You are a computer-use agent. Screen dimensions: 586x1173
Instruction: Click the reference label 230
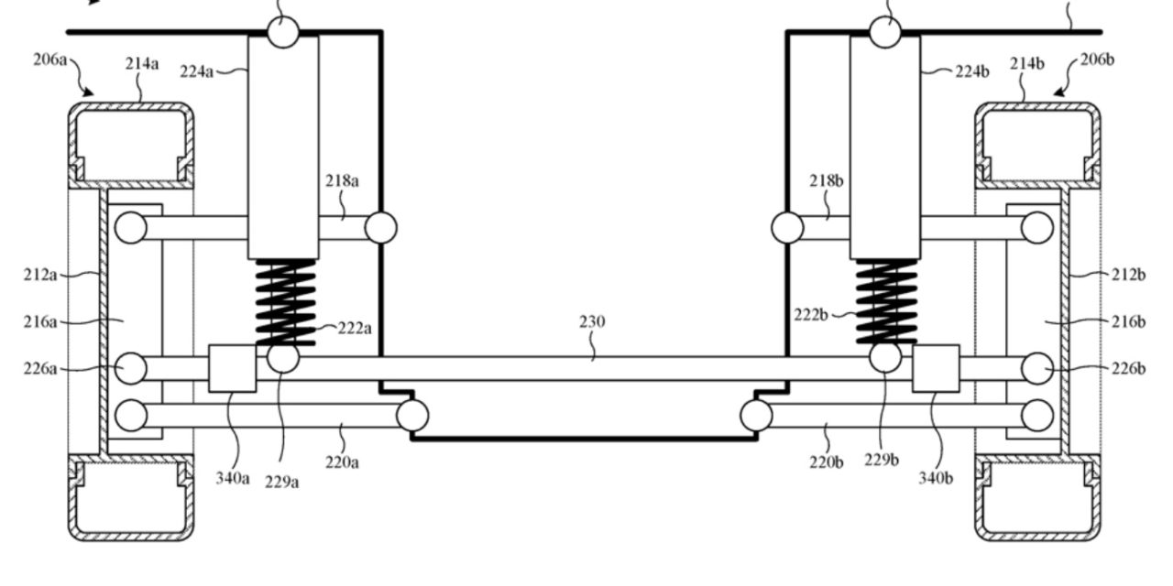point(592,322)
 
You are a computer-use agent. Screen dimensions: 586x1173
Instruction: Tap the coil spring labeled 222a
point(285,301)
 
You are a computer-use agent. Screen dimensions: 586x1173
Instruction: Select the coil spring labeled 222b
point(885,301)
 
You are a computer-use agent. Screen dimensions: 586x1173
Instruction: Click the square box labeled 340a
point(232,368)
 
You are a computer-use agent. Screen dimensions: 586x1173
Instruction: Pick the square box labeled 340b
point(936,368)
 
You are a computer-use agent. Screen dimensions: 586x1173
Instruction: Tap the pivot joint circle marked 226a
point(131,368)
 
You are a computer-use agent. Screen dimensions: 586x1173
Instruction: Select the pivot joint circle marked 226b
point(1036,368)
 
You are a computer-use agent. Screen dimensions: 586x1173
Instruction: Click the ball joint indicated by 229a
point(283,358)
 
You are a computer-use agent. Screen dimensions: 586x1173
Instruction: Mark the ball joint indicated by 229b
point(884,357)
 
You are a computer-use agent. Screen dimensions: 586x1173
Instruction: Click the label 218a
point(342,180)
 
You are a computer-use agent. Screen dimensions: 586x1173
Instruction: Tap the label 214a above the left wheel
point(142,63)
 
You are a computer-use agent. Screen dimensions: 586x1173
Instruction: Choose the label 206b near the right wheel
point(1097,60)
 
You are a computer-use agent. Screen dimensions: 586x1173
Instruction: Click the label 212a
point(40,275)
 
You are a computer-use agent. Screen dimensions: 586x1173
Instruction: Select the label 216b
point(1129,321)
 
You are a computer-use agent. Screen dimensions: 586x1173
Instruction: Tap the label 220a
point(342,461)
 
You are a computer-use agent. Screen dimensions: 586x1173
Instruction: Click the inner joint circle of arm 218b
point(787,227)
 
